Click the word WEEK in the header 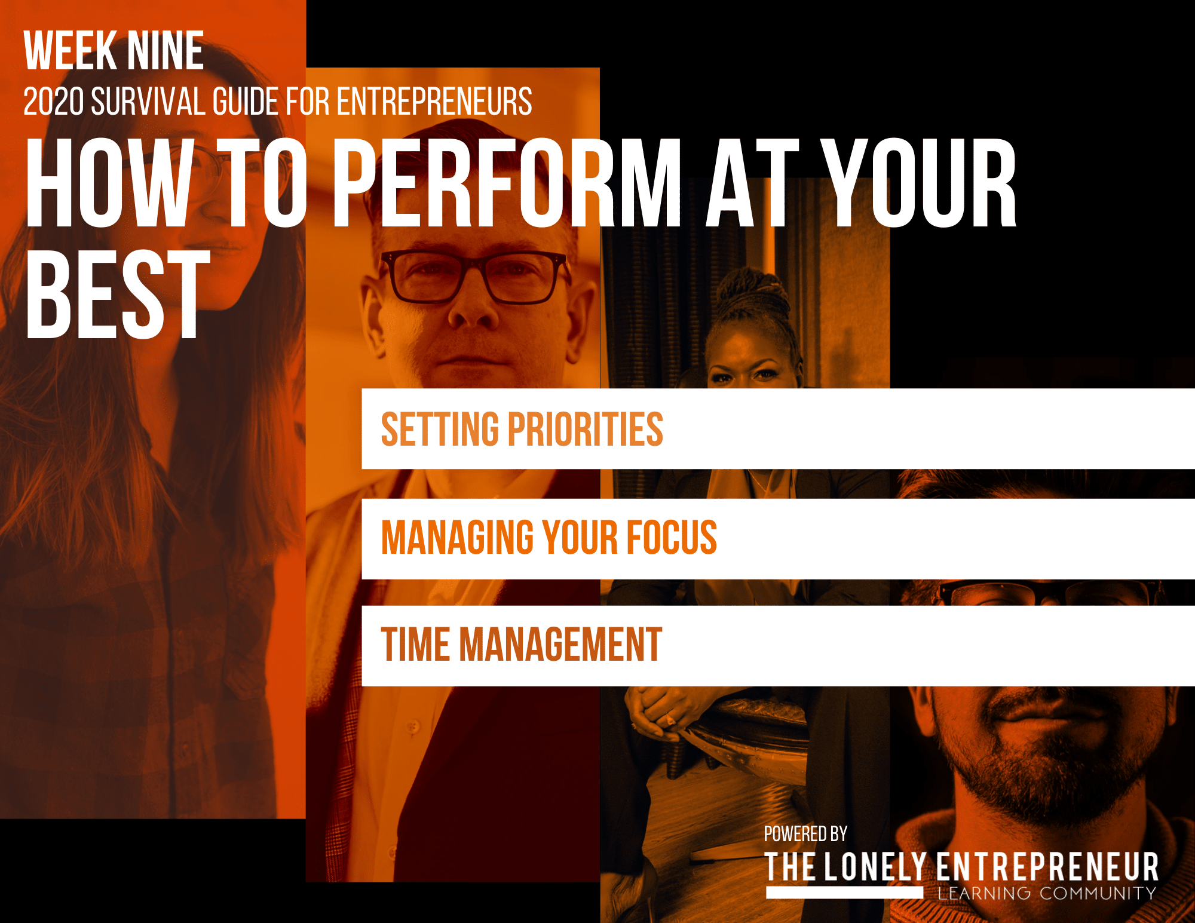pos(71,51)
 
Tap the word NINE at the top pos(166,51)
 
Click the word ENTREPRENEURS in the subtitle pos(434,102)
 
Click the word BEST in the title pos(118,294)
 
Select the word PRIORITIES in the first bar pos(586,429)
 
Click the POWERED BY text pos(805,834)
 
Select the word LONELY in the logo pos(875,867)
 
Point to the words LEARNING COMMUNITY pos(1047,894)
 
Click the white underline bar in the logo pos(844,892)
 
